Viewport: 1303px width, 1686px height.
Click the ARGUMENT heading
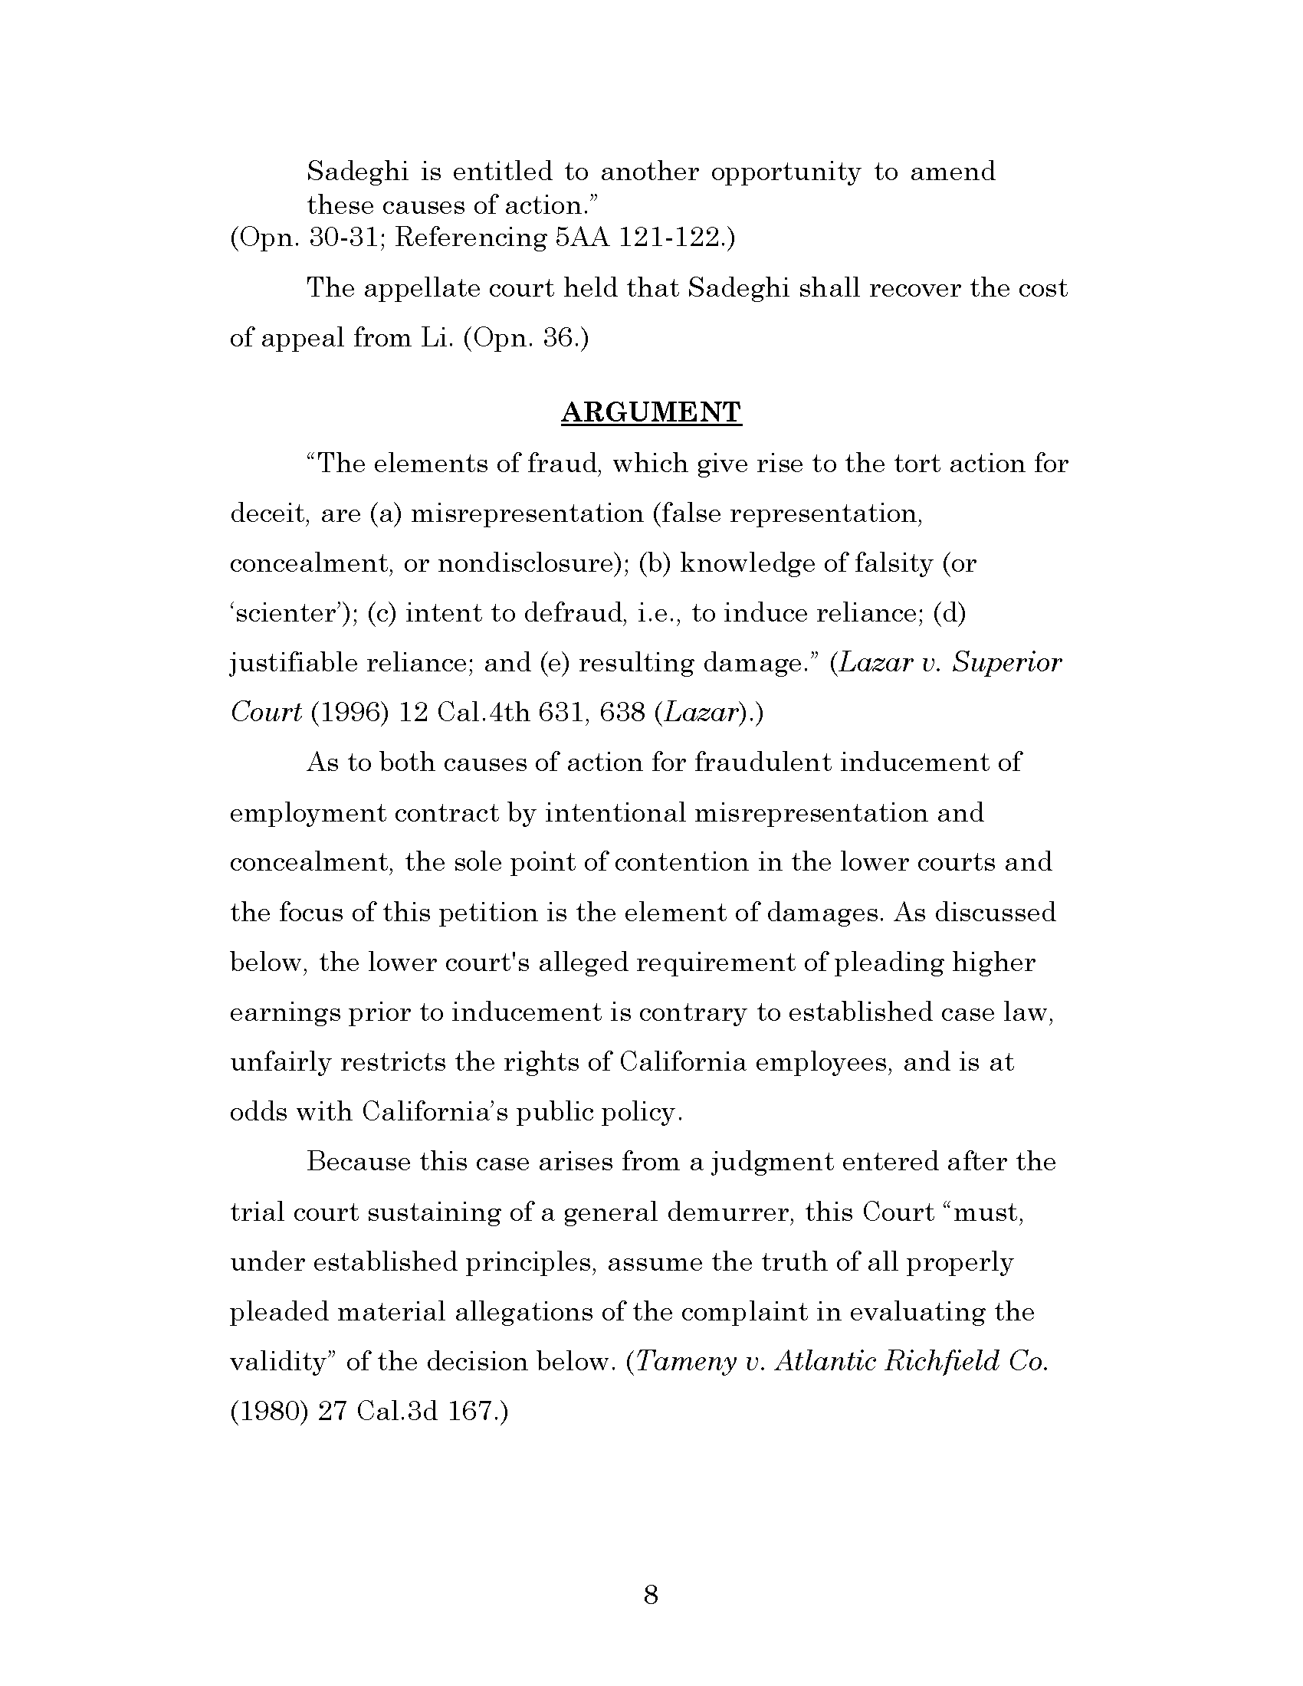651,412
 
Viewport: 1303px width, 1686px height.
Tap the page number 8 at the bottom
651,1594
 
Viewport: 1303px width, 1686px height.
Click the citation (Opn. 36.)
526,339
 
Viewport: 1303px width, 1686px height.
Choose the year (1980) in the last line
269,1411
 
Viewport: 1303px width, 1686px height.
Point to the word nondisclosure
532,563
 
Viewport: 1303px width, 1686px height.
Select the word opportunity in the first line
784,172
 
